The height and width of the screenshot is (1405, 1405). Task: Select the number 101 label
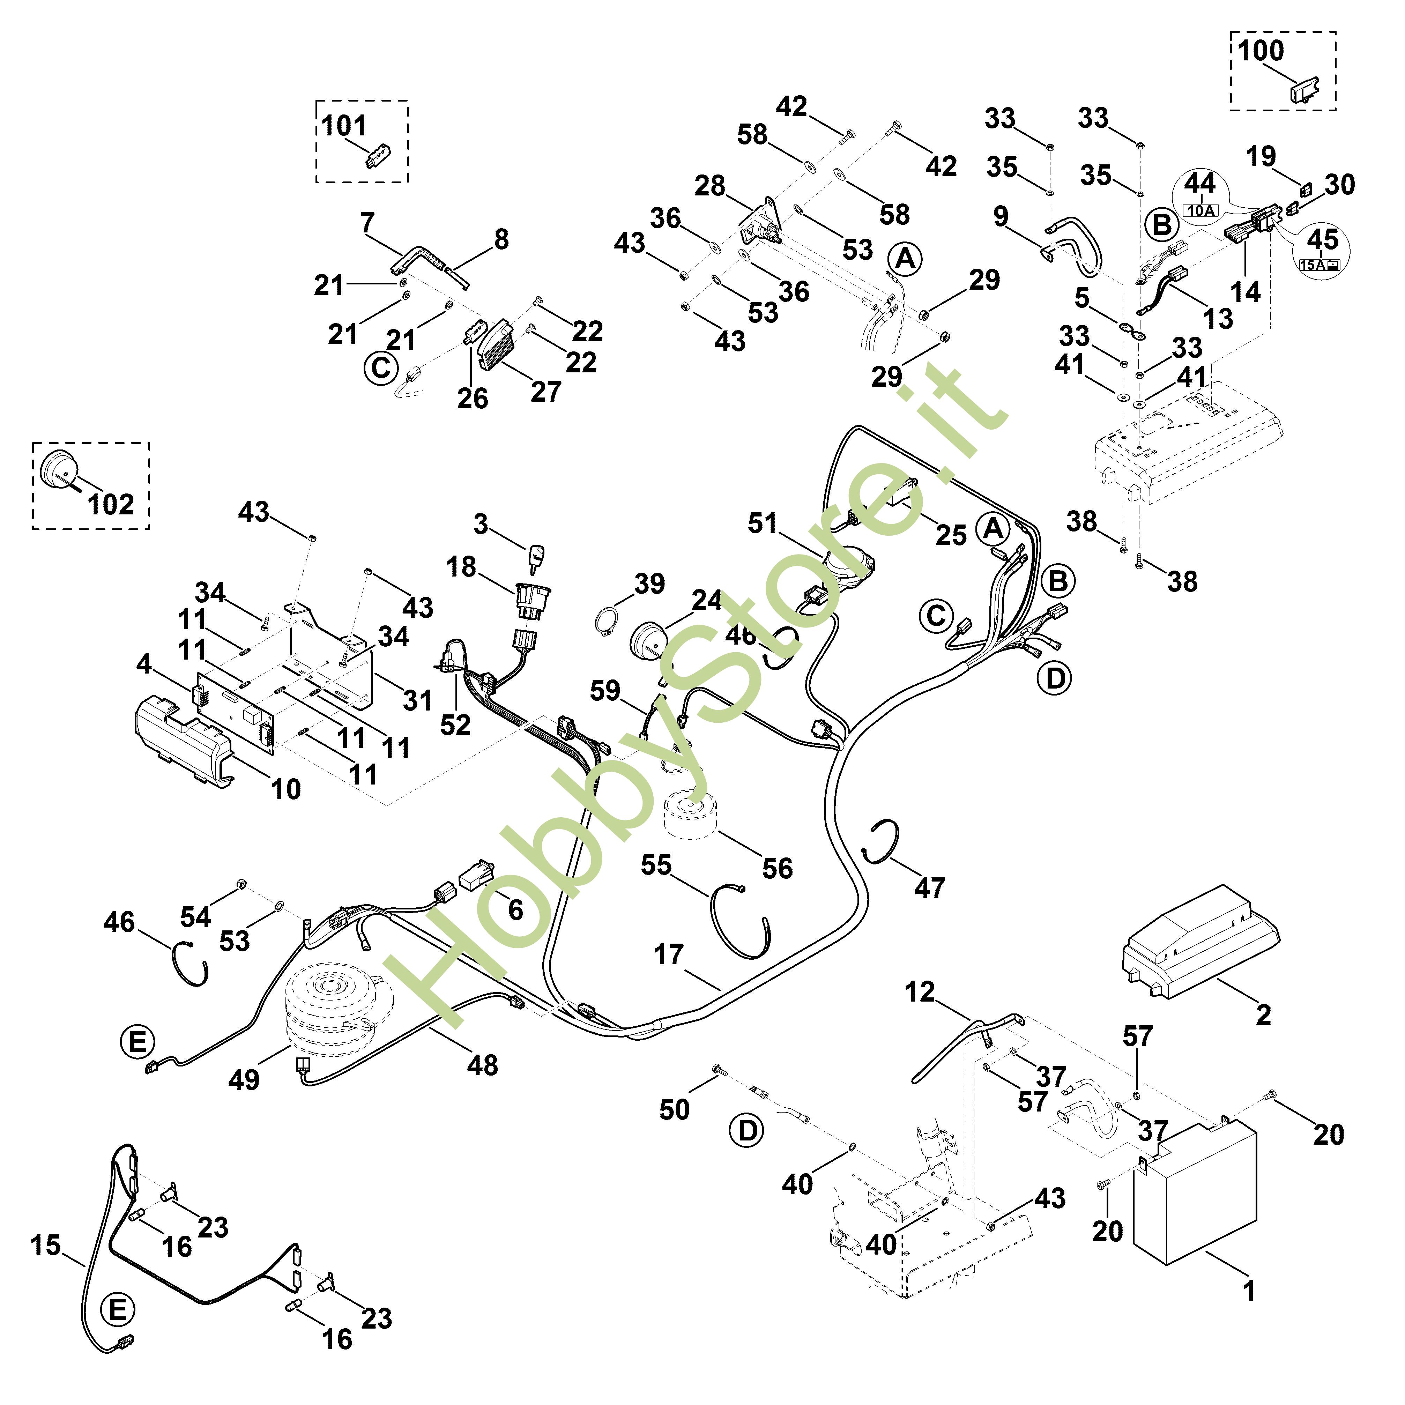coord(343,126)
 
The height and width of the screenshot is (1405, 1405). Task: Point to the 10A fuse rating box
coord(1200,211)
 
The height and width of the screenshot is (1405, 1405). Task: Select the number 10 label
coord(286,789)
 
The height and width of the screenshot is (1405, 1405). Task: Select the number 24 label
coord(706,600)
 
